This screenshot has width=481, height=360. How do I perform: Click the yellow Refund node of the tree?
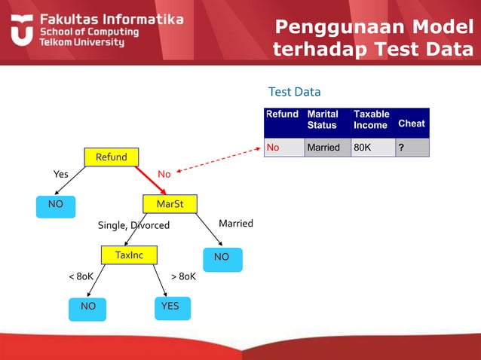coord(111,157)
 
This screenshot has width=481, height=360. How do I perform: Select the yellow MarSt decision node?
coord(170,204)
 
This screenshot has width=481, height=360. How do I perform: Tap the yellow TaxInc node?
coord(128,255)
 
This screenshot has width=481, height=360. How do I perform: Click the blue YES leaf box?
coord(170,307)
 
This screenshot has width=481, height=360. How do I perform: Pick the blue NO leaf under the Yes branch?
coord(55,204)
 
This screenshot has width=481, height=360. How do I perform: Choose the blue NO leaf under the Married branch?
coord(222,258)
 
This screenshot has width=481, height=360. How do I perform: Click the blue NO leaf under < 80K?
coord(88,307)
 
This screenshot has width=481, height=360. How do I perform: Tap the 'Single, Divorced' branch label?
coord(133,225)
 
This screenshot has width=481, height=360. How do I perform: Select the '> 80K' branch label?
coord(183,276)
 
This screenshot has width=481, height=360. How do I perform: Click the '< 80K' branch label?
coord(81,276)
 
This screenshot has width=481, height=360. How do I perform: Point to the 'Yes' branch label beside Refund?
coord(60,174)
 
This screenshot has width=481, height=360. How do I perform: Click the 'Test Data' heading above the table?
coord(294,92)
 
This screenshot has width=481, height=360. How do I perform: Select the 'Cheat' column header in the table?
coord(411,123)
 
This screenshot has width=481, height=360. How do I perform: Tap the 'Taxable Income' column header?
coord(371,120)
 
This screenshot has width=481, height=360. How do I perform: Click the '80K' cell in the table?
coord(363,148)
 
